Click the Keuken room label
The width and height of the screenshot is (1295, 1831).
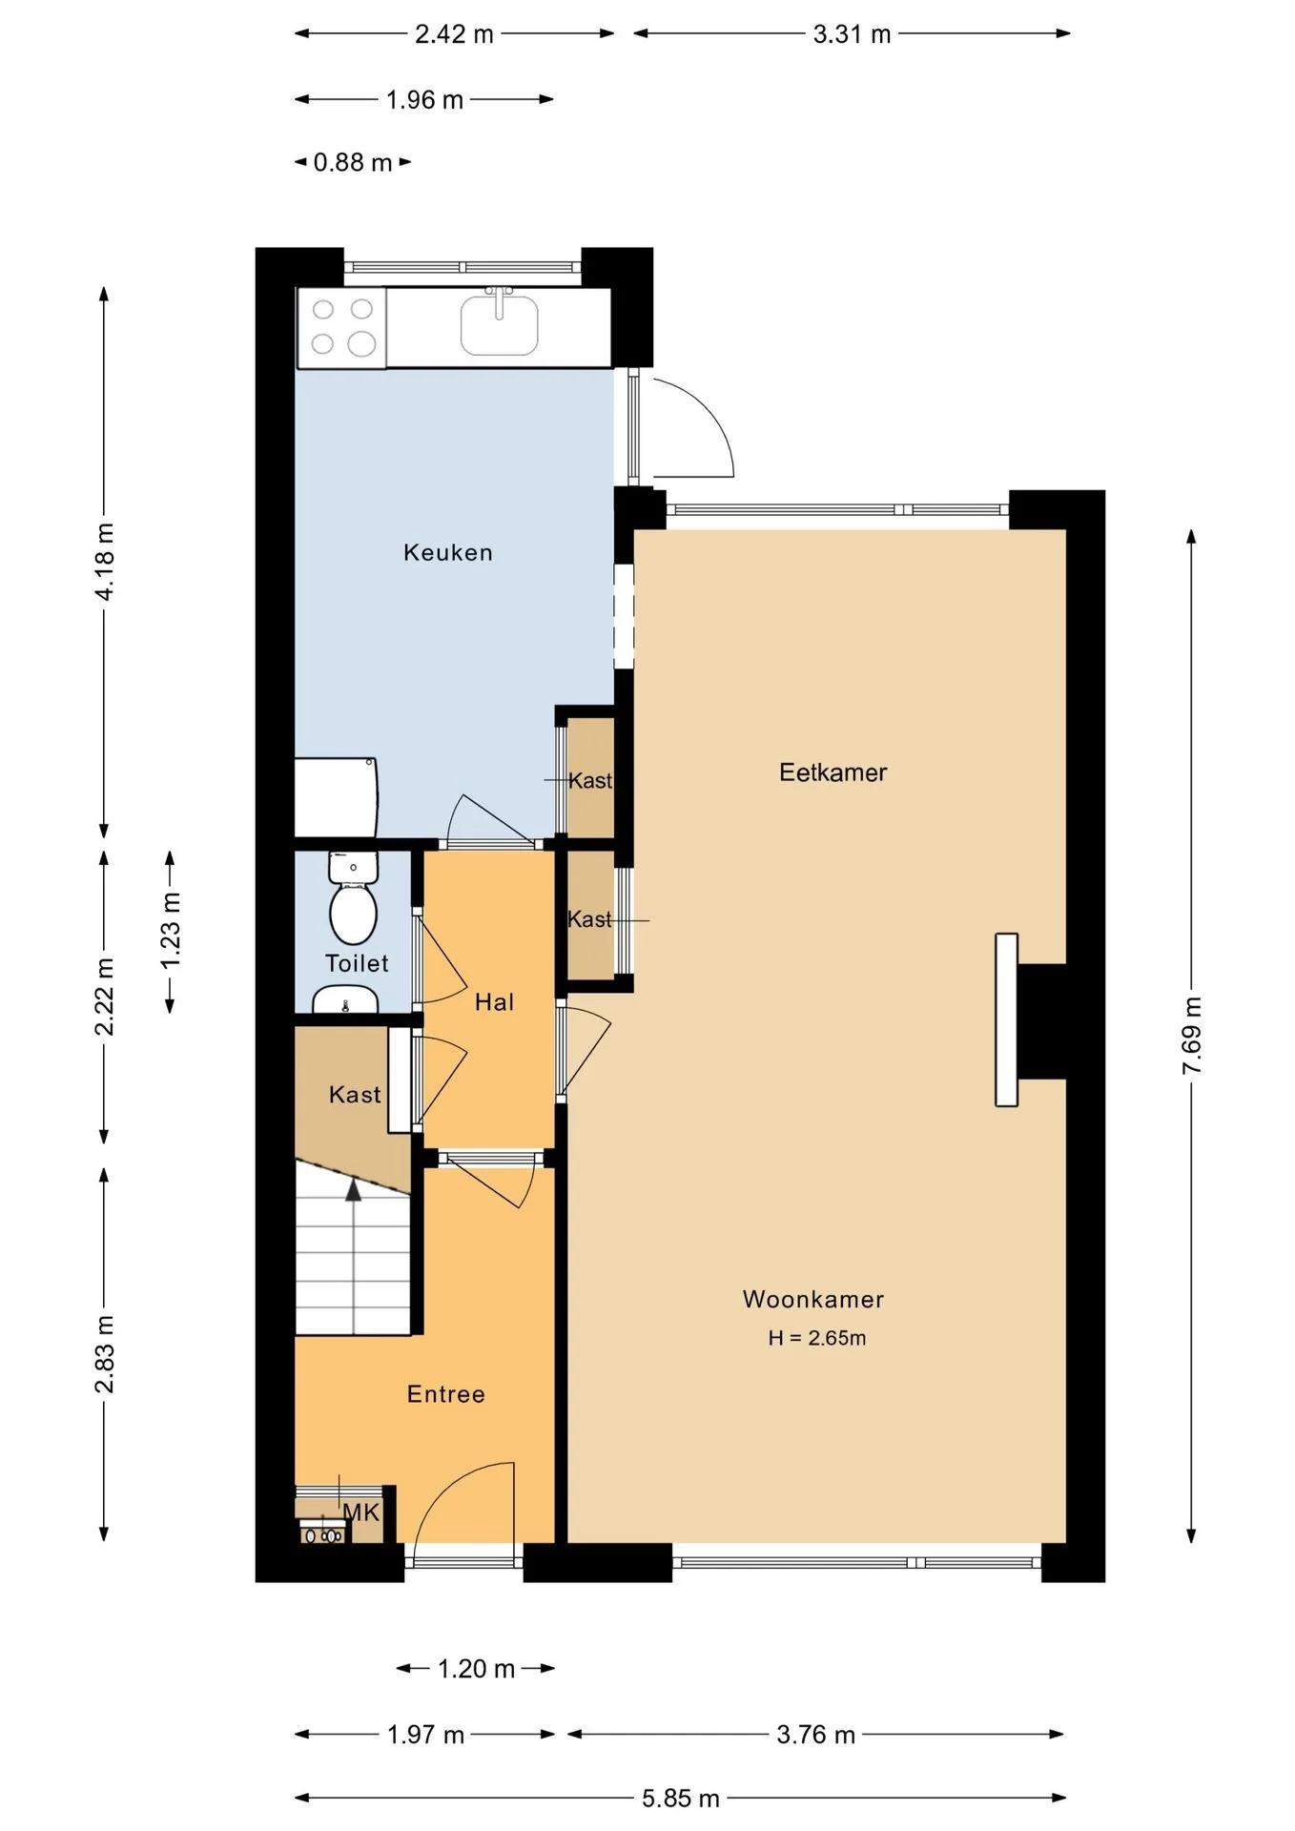tap(447, 553)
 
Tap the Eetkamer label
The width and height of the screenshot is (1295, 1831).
tap(832, 772)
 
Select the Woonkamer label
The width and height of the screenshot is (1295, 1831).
tap(813, 1299)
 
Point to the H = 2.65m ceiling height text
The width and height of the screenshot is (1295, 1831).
tap(817, 1338)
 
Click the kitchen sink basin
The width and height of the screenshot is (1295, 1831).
tap(499, 325)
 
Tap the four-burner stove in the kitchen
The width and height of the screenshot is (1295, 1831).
tap(342, 327)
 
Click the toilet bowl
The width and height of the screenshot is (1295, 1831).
tap(353, 912)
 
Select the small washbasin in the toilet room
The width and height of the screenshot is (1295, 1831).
tap(345, 999)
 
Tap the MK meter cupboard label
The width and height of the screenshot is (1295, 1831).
tap(360, 1512)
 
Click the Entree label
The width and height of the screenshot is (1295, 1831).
tap(445, 1394)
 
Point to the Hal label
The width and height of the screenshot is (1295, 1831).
tap(494, 1002)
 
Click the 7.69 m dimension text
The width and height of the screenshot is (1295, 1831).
tap(1191, 1036)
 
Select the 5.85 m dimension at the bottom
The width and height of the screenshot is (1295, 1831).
tap(680, 1799)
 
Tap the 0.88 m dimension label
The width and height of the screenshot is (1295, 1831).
tap(353, 163)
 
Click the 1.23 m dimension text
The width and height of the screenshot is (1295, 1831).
tap(170, 931)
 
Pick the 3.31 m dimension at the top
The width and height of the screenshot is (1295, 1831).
tap(852, 34)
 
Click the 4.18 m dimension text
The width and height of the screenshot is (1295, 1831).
tap(104, 562)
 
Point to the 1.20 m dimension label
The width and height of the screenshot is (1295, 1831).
tap(476, 1669)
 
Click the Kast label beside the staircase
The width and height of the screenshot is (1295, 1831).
tap(355, 1095)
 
